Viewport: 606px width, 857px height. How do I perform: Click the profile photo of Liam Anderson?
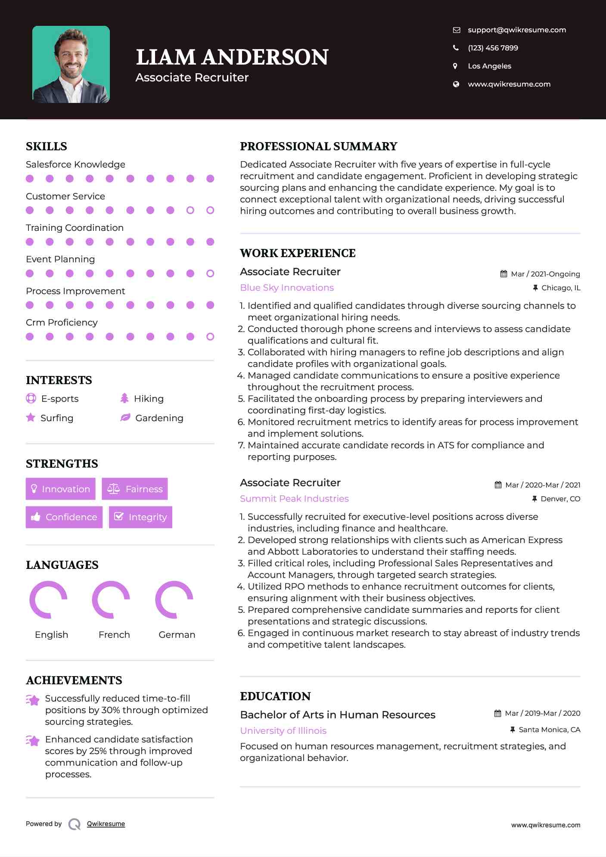pos(71,65)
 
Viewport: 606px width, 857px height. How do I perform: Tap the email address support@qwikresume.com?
pos(516,30)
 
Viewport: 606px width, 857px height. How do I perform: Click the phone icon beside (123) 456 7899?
pos(456,48)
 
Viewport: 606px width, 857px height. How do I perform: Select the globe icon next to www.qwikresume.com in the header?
pos(456,84)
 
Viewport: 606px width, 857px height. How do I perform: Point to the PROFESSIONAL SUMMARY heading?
pos(318,146)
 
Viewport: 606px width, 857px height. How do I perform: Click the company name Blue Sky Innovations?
pos(286,288)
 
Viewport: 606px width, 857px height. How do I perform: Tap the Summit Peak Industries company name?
pos(294,499)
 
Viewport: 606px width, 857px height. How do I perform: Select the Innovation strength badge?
pos(60,489)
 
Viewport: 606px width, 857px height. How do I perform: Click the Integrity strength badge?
pos(140,517)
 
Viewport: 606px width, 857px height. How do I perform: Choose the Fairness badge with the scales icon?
pos(135,489)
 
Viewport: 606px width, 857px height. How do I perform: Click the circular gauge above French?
pos(111,599)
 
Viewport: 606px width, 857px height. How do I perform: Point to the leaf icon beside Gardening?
pos(125,417)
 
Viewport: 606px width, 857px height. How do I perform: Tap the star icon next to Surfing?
pos(31,417)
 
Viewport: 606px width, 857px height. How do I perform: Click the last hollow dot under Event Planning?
pos(210,273)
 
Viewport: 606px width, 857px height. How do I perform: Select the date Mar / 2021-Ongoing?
pos(545,274)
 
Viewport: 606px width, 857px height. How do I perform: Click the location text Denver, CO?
pos(560,499)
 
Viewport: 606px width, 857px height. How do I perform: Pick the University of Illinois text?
pos(283,731)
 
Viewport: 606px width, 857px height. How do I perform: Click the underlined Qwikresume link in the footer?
pos(106,824)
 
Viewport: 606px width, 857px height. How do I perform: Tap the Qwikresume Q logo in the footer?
pos(75,824)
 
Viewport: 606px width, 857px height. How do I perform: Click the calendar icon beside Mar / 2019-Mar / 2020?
pos(498,713)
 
